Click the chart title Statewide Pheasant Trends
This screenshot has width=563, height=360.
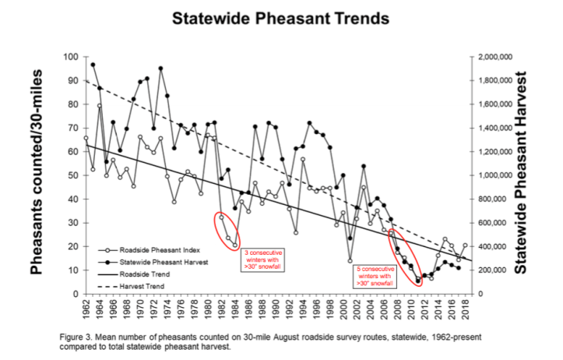280,17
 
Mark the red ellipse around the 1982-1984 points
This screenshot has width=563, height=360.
227,229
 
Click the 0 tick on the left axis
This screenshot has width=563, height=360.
73,294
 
